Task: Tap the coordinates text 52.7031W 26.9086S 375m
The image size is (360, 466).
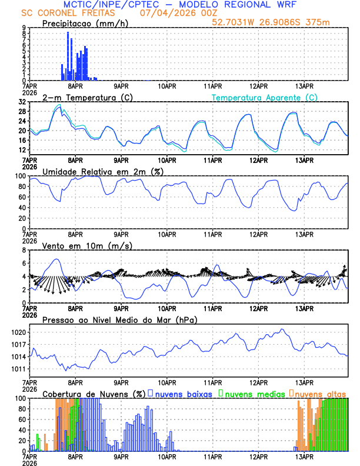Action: pos(271,22)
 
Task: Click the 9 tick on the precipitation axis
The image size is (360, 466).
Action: pos(24,28)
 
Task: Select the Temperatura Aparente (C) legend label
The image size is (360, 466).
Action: pos(265,97)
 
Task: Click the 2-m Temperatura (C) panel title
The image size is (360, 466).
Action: pos(87,97)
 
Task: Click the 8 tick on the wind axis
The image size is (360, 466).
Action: pos(24,250)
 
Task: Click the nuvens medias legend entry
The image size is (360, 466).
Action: pos(252,393)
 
